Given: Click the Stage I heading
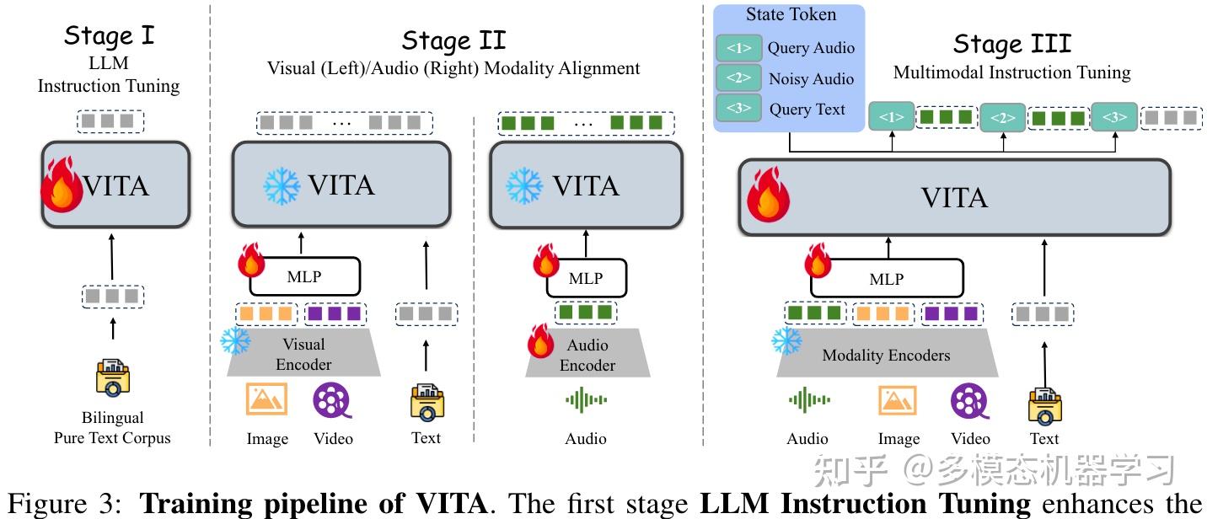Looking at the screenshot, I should [109, 36].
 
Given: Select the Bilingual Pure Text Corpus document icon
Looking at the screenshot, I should [112, 378].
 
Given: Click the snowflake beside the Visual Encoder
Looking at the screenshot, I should [235, 340].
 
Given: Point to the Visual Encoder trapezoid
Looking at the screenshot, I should [303, 355].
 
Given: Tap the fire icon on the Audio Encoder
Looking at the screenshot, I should [542, 340].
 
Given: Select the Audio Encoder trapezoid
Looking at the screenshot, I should [587, 356].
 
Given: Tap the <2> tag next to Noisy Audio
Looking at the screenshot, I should [738, 78].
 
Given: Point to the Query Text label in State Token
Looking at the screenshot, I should [807, 110].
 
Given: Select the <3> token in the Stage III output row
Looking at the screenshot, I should [1114, 118].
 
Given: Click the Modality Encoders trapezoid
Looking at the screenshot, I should [886, 356].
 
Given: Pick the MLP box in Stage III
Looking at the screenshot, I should [886, 279].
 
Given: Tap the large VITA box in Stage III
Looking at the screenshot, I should [954, 197].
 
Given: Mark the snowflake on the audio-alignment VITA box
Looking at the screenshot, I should [524, 185].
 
